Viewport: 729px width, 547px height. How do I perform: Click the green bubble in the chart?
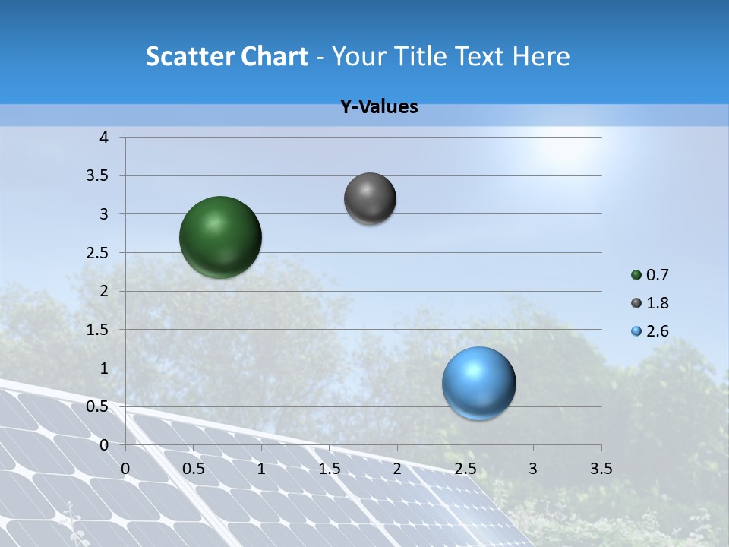coord(220,237)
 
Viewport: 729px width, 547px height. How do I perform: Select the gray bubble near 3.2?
coord(370,198)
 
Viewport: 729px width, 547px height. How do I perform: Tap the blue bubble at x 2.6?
coord(478,383)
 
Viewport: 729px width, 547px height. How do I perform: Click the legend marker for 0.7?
coord(636,275)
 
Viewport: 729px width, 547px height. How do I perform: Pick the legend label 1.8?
coord(658,303)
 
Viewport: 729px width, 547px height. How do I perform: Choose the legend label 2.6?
coord(658,331)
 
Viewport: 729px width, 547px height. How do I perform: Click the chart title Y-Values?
coord(379,107)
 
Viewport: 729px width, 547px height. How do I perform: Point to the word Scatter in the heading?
coord(189,56)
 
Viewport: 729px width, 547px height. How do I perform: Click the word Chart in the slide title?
coord(275,56)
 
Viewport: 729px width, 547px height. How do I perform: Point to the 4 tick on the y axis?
coord(105,138)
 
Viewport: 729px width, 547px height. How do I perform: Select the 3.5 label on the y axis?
coord(99,175)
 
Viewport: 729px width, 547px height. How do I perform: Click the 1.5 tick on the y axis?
coord(99,330)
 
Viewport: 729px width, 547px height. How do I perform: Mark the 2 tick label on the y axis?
coord(105,291)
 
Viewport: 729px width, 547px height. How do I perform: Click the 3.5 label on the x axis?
coord(601,469)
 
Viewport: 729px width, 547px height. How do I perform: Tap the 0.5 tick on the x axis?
coord(194,469)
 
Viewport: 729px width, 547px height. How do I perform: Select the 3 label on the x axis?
coord(533,469)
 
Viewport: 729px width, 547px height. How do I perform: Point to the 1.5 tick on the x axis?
coord(330,469)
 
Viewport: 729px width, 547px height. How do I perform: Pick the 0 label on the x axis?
coord(126,469)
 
